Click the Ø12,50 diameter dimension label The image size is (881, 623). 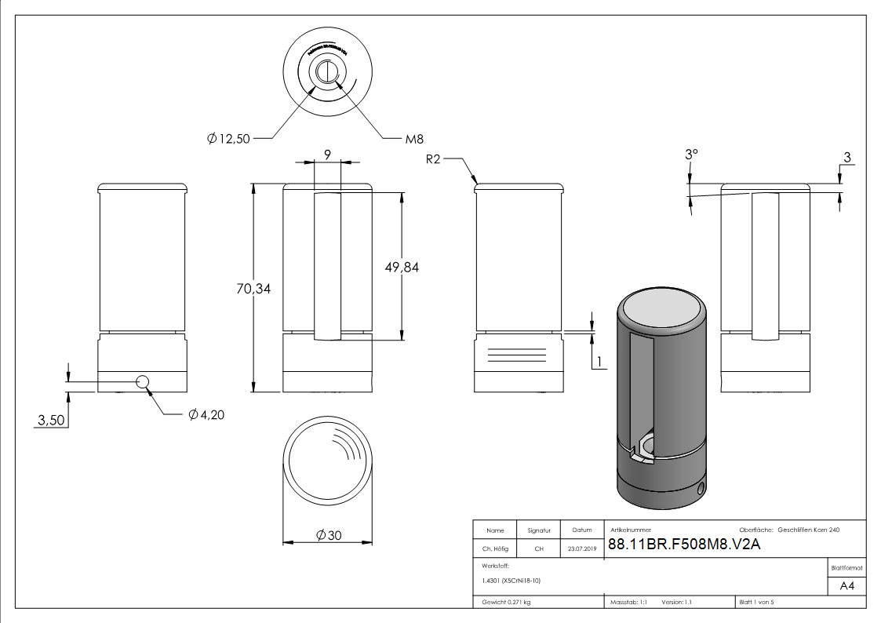(x=230, y=139)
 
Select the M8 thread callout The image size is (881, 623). (x=414, y=139)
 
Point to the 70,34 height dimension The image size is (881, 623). (x=253, y=289)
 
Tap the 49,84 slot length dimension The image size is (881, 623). (x=402, y=267)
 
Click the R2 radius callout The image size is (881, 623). (x=435, y=159)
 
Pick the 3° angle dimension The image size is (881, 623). (x=690, y=155)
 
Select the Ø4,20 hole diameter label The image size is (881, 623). (x=206, y=414)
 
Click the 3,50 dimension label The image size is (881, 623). (x=52, y=421)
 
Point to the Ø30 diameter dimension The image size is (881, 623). (x=328, y=534)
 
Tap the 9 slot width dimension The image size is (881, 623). (x=327, y=155)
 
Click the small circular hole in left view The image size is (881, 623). (x=143, y=381)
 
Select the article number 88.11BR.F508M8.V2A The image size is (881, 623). (x=684, y=544)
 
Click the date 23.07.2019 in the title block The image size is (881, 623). (x=581, y=549)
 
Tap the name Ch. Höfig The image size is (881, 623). (x=495, y=549)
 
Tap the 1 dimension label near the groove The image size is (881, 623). (x=599, y=361)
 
